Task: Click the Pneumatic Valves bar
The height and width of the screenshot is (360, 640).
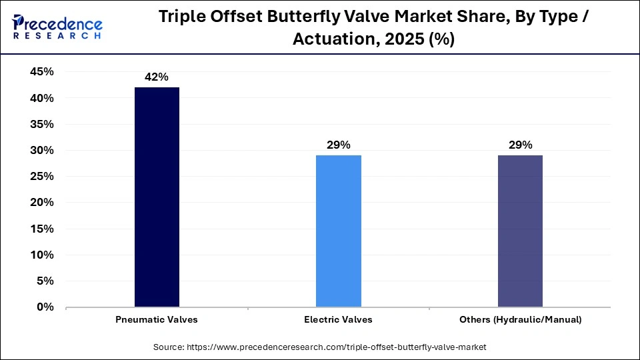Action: pos(157,197)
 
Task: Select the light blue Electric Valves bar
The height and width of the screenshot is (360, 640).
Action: pos(338,231)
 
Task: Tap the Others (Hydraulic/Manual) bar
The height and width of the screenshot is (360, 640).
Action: pos(520,231)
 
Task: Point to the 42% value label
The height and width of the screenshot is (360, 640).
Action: pos(157,77)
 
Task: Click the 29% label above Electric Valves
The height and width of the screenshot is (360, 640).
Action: pos(338,145)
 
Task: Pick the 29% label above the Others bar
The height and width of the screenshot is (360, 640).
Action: pos(520,145)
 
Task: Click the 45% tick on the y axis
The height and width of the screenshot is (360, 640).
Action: pos(41,72)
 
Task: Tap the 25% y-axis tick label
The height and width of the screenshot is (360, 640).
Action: pos(41,177)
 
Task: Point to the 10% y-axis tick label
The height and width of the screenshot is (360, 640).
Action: pos(41,255)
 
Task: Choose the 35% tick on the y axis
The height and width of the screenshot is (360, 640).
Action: pos(41,125)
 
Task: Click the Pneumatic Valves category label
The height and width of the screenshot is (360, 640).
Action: pos(157,320)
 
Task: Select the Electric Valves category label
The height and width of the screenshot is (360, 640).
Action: pos(338,320)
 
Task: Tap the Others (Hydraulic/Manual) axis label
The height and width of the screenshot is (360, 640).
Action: pos(520,320)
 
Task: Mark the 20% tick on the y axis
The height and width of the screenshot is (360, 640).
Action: pos(41,203)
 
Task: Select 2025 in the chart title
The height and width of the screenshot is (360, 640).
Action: pos(405,40)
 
